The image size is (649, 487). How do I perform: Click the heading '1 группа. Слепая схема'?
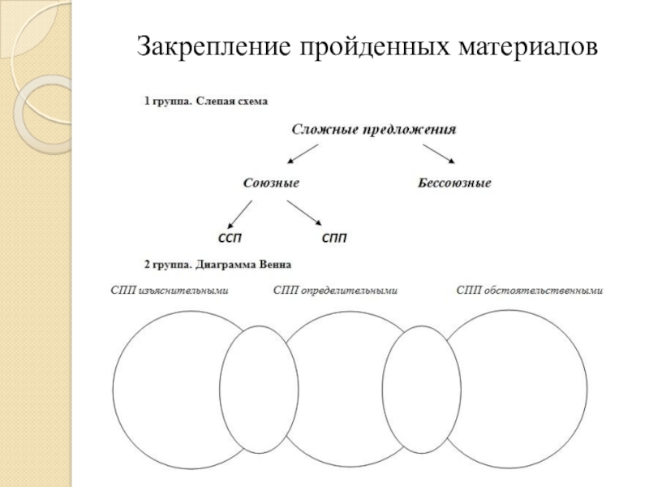pos(205,103)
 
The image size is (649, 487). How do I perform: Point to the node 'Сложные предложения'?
pos(373,129)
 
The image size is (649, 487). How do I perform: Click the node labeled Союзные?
pos(272,183)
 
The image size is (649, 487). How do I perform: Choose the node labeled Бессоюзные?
pos(454,183)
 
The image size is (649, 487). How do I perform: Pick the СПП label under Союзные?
pos(335,239)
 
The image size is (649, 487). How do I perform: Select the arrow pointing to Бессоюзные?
pos(438,154)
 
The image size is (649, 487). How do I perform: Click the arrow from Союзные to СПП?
pos(307,213)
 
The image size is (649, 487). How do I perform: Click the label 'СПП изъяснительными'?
pos(169,290)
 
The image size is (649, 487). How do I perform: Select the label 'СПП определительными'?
pos(335,290)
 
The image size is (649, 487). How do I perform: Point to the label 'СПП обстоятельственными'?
pos(531,290)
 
